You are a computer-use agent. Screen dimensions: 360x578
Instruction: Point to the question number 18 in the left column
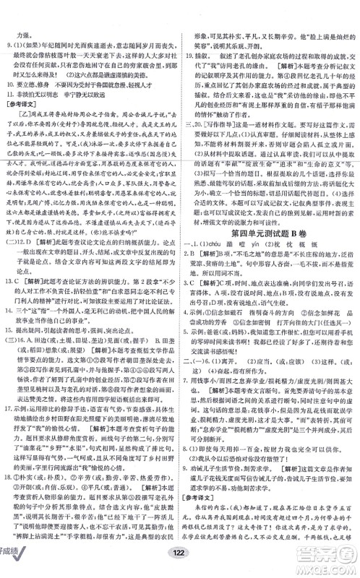[11, 493]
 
